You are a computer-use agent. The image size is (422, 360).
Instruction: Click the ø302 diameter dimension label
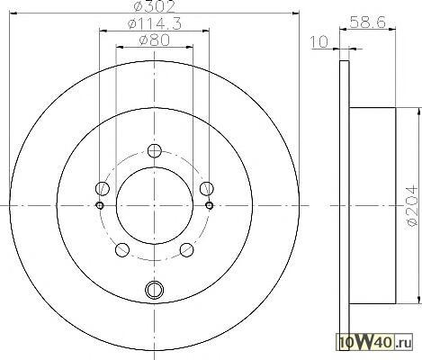(154, 6)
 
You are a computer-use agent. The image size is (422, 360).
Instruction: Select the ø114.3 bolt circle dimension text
(155, 23)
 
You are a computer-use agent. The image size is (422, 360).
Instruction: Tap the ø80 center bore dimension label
(155, 40)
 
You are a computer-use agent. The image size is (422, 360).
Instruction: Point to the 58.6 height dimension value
(368, 22)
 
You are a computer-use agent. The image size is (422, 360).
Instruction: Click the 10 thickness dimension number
(319, 42)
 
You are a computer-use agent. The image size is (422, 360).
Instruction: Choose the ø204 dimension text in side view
(412, 206)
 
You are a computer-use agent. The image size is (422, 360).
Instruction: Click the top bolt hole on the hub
(155, 151)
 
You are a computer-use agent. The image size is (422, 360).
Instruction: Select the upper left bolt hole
(103, 188)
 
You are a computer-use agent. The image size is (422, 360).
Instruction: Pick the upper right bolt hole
(207, 188)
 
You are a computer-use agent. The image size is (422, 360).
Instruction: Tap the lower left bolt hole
(122, 250)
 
